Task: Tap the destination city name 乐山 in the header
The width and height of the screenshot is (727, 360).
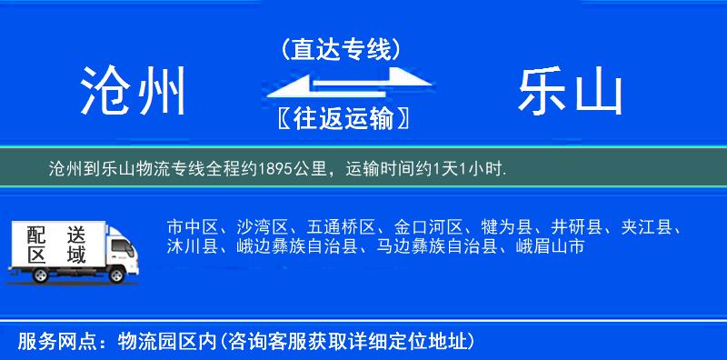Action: [571, 91]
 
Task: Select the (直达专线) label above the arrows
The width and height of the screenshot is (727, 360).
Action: [341, 50]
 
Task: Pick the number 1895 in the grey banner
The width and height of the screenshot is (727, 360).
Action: [275, 168]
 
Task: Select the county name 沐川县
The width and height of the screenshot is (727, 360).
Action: [191, 245]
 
